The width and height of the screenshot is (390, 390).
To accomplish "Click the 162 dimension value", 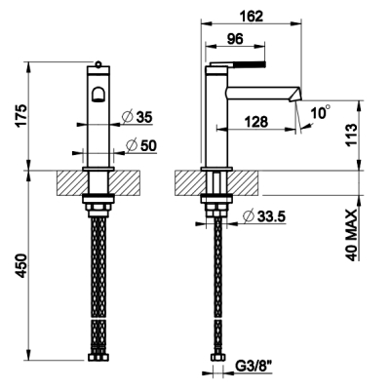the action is [x=251, y=16].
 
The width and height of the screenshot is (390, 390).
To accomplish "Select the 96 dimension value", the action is [x=235, y=39].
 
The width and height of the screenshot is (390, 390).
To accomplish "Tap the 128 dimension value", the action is [x=256, y=122].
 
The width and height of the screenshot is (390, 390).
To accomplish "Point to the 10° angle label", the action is [x=320, y=112].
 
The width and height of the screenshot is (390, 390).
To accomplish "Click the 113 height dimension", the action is [x=351, y=135].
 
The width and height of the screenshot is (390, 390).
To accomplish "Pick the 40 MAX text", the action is [x=351, y=235].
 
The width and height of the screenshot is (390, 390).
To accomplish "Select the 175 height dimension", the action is [x=21, y=116].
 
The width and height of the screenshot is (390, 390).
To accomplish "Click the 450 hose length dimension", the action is [x=21, y=265].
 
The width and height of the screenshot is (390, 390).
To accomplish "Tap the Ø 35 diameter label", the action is [x=137, y=117].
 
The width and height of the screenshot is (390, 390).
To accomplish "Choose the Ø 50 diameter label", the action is [x=141, y=145].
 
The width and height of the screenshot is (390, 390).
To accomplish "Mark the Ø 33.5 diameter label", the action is [x=264, y=216].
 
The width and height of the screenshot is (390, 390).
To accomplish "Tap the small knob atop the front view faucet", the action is [x=97, y=63].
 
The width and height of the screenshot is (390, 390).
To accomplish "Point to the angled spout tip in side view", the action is [x=295, y=95].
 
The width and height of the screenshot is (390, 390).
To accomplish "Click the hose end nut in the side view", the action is [x=216, y=357].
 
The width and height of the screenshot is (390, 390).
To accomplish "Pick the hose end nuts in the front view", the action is [x=97, y=357].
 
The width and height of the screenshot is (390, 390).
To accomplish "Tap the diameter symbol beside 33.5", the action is [x=249, y=215].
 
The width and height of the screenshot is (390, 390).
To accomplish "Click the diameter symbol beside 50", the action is [x=132, y=145].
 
